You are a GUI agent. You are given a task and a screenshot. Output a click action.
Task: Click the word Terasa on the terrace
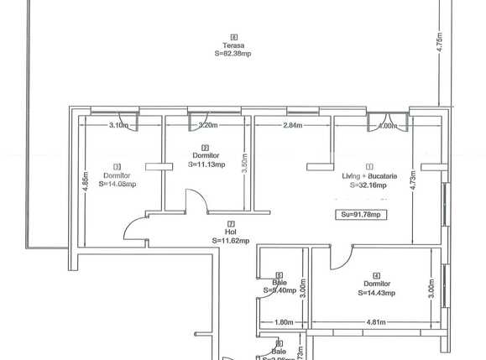click(x=233, y=45)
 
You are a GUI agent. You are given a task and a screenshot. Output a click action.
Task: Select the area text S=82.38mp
click(x=233, y=54)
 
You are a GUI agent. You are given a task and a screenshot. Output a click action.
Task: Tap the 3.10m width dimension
click(x=118, y=126)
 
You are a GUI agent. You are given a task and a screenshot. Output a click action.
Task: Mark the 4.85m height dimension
click(x=86, y=184)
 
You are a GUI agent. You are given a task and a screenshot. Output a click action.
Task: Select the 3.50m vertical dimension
click(x=243, y=162)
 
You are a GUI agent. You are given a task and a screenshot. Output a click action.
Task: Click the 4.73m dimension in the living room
click(x=413, y=184)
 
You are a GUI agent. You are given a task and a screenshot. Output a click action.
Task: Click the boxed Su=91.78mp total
click(x=361, y=215)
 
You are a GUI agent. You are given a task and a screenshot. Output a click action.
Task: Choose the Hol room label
click(x=230, y=232)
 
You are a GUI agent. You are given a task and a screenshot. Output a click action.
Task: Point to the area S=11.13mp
click(x=205, y=164)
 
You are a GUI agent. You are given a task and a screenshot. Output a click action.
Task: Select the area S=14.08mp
click(x=117, y=184)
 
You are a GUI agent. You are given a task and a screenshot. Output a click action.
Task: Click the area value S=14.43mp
click(x=377, y=293)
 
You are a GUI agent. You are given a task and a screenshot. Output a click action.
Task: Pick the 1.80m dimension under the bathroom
click(x=283, y=322)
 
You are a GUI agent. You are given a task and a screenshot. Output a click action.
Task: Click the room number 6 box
click(x=233, y=37)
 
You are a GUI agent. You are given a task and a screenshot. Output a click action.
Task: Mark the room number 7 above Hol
click(x=230, y=224)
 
